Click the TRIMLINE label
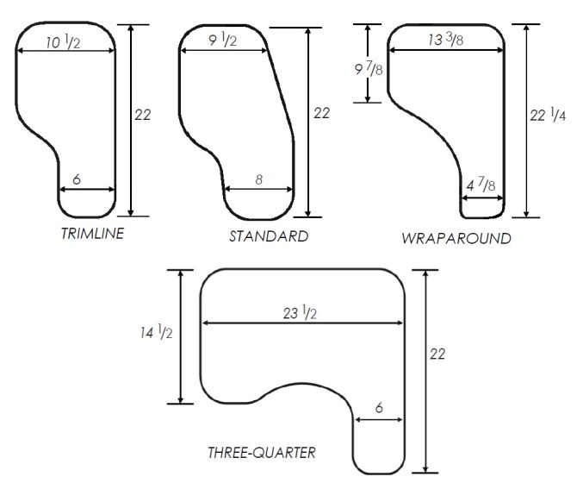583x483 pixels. click(x=91, y=234)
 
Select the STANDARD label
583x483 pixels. click(x=268, y=235)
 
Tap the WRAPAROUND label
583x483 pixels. click(x=456, y=238)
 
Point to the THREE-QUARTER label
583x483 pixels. click(x=261, y=452)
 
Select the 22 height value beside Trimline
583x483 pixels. click(x=143, y=114)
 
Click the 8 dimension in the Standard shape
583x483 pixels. click(x=259, y=179)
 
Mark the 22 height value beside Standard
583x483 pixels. click(x=321, y=113)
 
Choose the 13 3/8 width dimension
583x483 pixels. click(x=445, y=40)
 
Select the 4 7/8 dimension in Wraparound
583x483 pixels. click(x=481, y=185)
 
